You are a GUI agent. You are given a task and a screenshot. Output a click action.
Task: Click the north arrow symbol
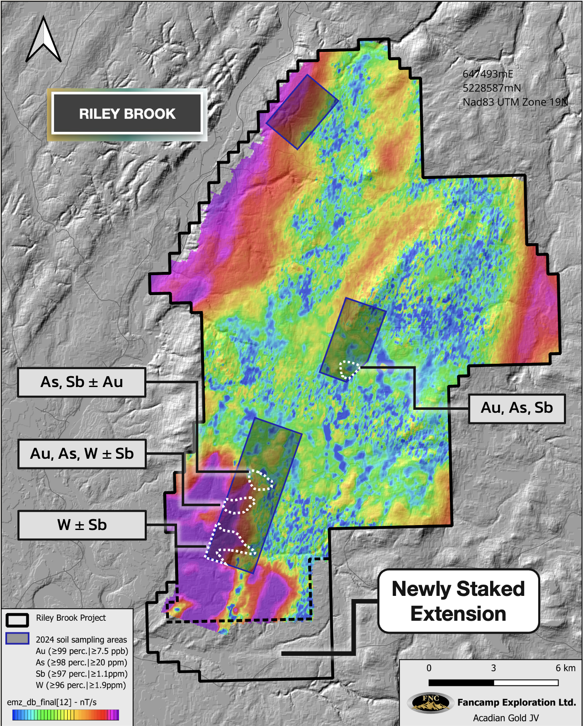tap(43, 40)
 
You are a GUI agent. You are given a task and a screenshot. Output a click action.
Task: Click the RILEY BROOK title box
tap(127, 114)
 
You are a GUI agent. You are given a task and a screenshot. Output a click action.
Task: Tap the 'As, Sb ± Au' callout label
tap(82, 382)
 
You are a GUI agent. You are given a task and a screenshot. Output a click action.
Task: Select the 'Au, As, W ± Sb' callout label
tap(82, 454)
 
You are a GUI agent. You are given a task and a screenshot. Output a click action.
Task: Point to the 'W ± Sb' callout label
tap(82, 525)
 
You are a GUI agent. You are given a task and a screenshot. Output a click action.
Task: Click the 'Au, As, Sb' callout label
tap(517, 408)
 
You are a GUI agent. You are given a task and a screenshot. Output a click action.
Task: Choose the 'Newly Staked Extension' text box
tap(458, 601)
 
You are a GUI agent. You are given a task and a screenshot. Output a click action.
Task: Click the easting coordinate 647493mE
tap(488, 74)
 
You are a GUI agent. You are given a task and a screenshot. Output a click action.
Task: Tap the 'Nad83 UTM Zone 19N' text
tap(515, 102)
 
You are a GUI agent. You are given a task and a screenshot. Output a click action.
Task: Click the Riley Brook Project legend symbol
tap(17, 620)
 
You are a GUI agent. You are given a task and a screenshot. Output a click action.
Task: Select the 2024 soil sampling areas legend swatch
tap(17, 639)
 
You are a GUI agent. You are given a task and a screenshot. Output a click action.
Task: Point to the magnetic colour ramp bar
tap(66, 715)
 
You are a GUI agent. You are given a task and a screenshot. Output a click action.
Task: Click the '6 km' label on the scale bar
tap(565, 668)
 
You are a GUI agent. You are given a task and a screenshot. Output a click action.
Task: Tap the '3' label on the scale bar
tap(493, 668)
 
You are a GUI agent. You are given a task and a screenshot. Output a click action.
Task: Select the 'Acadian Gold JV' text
tap(505, 718)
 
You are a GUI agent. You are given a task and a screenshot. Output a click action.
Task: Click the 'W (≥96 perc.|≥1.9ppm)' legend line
tap(81, 685)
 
